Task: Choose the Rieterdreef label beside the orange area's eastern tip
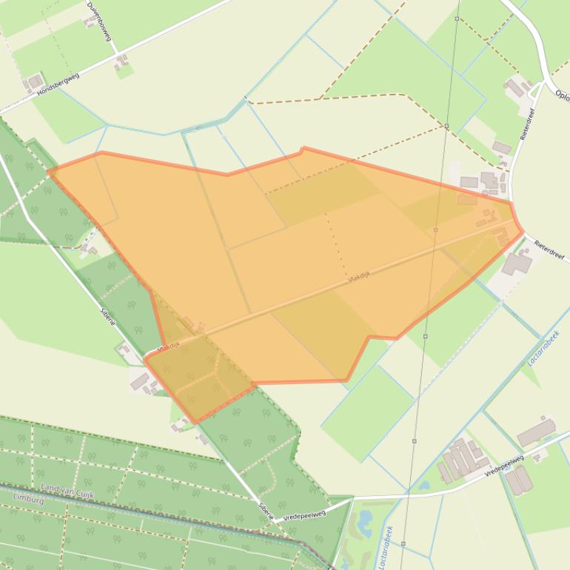[549, 250]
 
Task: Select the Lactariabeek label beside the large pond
[387, 548]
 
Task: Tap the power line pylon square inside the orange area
[435, 229]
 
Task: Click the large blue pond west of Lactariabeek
[365, 523]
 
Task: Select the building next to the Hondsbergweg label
[34, 81]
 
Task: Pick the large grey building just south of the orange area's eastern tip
[517, 262]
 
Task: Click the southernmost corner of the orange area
[195, 423]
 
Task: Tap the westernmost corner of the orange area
[49, 172]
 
